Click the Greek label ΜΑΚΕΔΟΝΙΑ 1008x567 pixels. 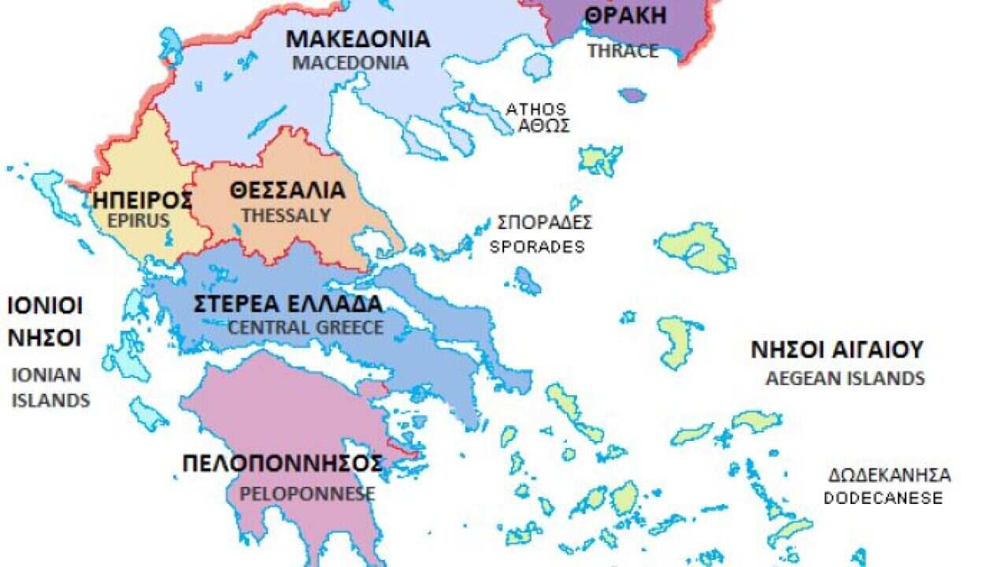(x=358, y=39)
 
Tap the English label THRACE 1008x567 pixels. (x=622, y=51)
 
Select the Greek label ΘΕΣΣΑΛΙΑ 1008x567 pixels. (x=287, y=191)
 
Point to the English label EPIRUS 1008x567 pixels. (x=139, y=220)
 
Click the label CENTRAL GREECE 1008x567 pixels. (x=306, y=328)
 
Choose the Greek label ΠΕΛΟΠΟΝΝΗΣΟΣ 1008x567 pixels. (x=283, y=463)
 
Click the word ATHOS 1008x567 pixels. (x=535, y=109)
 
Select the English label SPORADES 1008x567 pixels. (x=537, y=246)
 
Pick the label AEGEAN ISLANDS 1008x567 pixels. (x=845, y=379)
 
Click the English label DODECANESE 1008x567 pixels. (x=883, y=498)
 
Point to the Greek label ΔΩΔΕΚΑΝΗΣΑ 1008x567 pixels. (x=889, y=476)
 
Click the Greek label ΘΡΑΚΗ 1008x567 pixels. (x=626, y=16)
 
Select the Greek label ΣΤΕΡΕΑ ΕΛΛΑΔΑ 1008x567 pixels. (x=288, y=304)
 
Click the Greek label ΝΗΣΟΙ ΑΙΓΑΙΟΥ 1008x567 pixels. (x=836, y=350)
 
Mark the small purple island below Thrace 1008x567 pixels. (x=632, y=95)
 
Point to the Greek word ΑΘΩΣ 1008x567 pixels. (x=543, y=126)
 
